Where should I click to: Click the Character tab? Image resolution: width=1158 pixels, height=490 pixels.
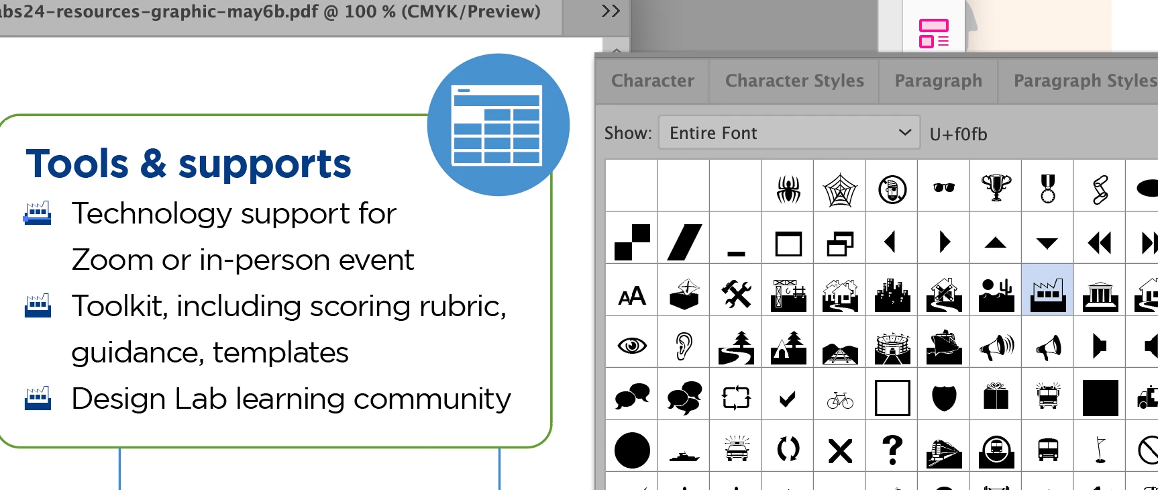653,81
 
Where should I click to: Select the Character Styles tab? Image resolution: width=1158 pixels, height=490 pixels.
794,81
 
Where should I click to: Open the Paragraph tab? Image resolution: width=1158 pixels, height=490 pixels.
938,81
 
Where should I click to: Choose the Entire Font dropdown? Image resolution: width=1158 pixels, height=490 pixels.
789,133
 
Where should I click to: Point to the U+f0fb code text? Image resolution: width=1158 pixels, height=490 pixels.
958,134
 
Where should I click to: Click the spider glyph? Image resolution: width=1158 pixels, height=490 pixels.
788,189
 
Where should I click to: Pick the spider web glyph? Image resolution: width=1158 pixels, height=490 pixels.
840,189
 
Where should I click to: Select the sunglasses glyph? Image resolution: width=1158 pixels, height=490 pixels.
944,187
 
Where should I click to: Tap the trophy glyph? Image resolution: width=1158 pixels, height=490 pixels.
996,188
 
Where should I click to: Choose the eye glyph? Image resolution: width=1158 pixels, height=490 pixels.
632,346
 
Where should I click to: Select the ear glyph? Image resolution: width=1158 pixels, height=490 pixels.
684,346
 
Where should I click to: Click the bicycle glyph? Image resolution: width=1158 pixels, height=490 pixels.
840,400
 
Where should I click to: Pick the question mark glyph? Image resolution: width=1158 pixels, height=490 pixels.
892,450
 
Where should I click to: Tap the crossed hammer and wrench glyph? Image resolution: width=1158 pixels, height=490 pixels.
736,294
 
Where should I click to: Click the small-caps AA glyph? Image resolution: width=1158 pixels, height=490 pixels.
632,295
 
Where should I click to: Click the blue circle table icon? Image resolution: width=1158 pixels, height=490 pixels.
498,125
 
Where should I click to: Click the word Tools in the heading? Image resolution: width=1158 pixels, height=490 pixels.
77,164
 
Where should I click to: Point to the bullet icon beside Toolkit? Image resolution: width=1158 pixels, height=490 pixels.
38,305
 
